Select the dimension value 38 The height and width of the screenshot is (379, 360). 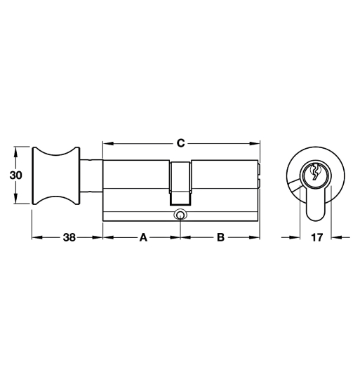pos(68,237)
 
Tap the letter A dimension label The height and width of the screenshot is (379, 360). pos(142,237)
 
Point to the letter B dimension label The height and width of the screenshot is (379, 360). pos(220,237)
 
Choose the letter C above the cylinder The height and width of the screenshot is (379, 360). pos(180,143)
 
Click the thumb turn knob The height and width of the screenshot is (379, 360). pos(55,175)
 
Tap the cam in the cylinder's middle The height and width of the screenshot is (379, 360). pos(180,179)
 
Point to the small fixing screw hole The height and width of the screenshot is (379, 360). pos(180,215)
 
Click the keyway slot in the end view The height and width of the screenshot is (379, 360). pos(316,172)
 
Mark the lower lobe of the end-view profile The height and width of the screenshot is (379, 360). pos(316,207)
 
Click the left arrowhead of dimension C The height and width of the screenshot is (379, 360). pos(107,143)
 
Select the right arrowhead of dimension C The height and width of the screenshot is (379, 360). pos(255,143)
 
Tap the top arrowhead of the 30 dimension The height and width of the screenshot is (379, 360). pos(15,151)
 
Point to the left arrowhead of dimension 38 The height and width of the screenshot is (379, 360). pos(36,237)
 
